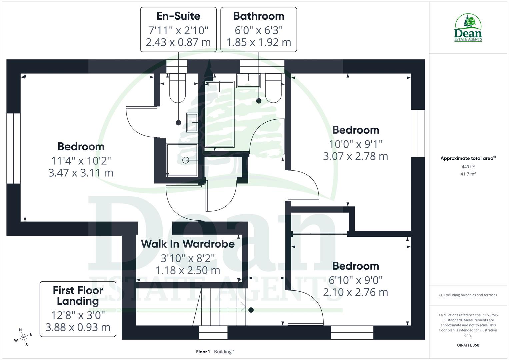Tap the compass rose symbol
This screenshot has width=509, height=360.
pos(23,337)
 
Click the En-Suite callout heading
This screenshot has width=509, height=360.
pos(178,16)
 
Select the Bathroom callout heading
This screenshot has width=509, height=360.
pos(259,16)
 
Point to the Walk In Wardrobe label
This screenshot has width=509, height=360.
pos(188,244)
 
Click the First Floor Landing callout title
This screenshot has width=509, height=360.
pos(78,295)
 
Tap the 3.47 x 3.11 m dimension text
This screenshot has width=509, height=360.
pos(81,173)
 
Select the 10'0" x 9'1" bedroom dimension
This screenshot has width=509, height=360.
pos(356,144)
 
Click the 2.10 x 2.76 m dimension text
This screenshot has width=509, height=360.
pos(355,292)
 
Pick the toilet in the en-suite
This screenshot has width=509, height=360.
pos(177,88)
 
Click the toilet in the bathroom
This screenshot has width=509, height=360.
pos(273,88)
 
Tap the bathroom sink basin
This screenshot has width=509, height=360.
pos(248,81)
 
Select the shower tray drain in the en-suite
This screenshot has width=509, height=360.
pos(186,160)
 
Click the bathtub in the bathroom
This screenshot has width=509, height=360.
pos(219,114)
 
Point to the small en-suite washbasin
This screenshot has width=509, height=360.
pos(192,122)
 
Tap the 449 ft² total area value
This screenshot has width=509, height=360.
pos(468,167)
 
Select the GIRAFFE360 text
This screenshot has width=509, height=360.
pos(468,345)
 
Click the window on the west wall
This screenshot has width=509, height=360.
pos(14,148)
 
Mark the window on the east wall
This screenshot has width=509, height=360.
pos(418,133)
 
